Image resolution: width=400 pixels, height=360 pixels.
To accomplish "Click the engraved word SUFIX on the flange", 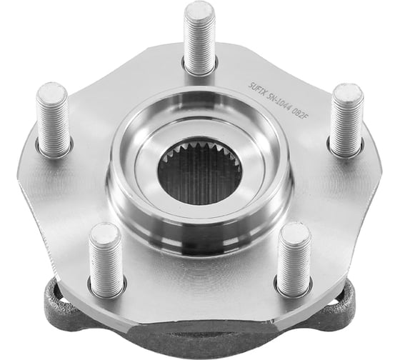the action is click(x=256, y=89).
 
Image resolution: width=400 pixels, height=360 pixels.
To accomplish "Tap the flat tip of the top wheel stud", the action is click(x=199, y=11).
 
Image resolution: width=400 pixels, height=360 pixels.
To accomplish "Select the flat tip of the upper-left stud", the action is click(x=52, y=92).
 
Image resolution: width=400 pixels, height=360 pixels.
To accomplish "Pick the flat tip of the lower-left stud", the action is click(x=104, y=232).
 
